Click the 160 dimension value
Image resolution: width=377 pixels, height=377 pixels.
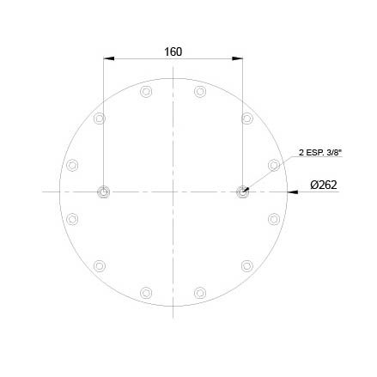click(x=173, y=52)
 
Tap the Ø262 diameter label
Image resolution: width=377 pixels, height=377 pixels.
click(x=324, y=185)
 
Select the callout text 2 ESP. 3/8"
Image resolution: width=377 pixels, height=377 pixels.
click(x=320, y=153)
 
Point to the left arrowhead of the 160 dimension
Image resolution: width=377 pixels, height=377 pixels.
click(x=109, y=58)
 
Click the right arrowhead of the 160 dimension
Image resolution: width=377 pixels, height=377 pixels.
click(x=237, y=58)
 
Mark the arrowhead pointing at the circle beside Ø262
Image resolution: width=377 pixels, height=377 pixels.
click(x=292, y=192)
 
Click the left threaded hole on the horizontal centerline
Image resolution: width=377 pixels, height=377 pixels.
click(x=103, y=192)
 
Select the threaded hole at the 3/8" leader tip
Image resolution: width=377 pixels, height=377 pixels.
click(x=242, y=192)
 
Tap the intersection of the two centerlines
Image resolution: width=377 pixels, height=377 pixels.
click(x=173, y=192)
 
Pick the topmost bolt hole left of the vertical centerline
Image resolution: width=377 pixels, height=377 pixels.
click(x=146, y=92)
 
